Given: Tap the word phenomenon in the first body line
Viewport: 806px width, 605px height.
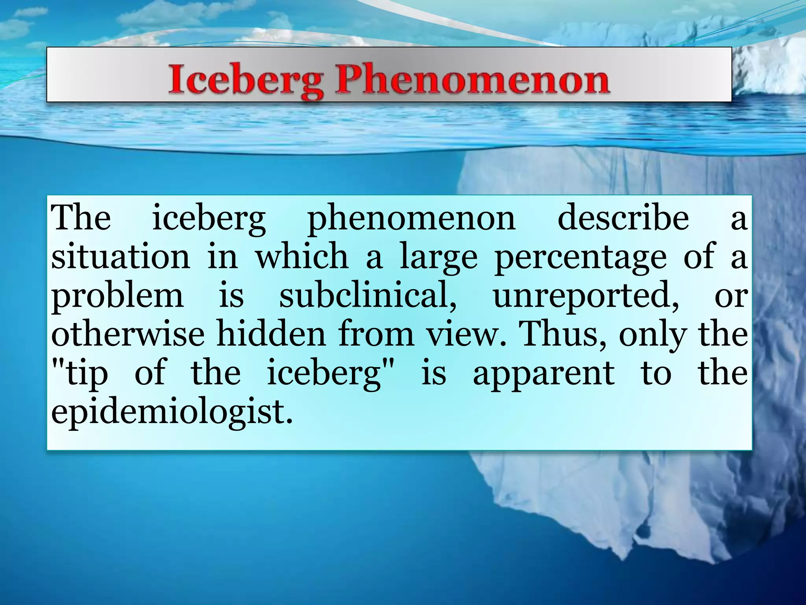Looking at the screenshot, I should pyautogui.click(x=411, y=219).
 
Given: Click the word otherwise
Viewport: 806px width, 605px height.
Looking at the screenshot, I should pyautogui.click(x=128, y=334).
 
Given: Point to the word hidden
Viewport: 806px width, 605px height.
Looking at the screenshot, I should pyautogui.click(x=272, y=333).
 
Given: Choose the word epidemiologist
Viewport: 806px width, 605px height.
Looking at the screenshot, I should pyautogui.click(x=172, y=412).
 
